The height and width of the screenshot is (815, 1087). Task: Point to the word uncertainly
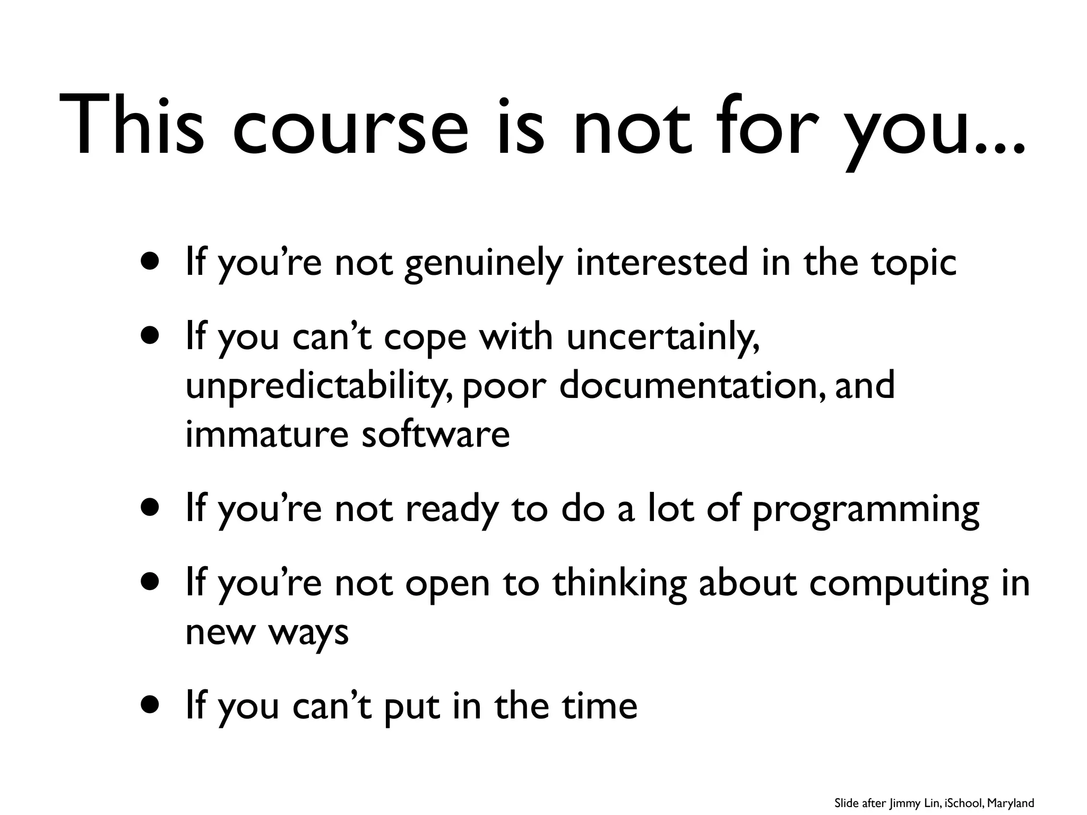tap(662, 338)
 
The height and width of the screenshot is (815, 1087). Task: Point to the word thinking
tap(619, 584)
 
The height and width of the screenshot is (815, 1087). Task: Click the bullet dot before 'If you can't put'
tap(150, 706)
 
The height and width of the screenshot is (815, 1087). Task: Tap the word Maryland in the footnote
tap(1011, 803)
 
